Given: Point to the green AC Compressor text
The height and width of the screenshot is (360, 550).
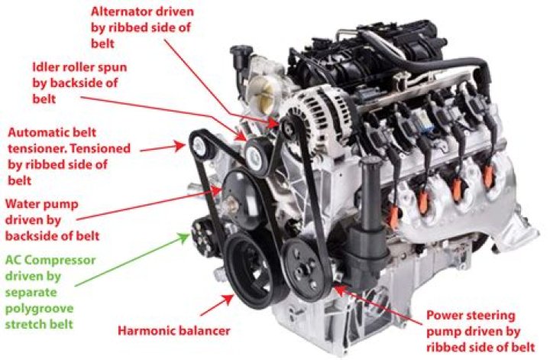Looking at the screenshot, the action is (50, 261).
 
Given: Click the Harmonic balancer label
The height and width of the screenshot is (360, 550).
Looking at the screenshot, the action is (173, 330).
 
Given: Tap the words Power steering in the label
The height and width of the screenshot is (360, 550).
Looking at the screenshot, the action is (471, 316).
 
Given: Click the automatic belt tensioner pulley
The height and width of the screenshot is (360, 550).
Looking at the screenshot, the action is (199, 146).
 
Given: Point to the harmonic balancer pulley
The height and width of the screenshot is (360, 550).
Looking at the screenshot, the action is (250, 271).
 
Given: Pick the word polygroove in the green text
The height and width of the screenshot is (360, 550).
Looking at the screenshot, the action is (39, 309).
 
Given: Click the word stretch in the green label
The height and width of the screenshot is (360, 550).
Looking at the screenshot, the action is (26, 324).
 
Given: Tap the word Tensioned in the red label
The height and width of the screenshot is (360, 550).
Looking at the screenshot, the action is (99, 148).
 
